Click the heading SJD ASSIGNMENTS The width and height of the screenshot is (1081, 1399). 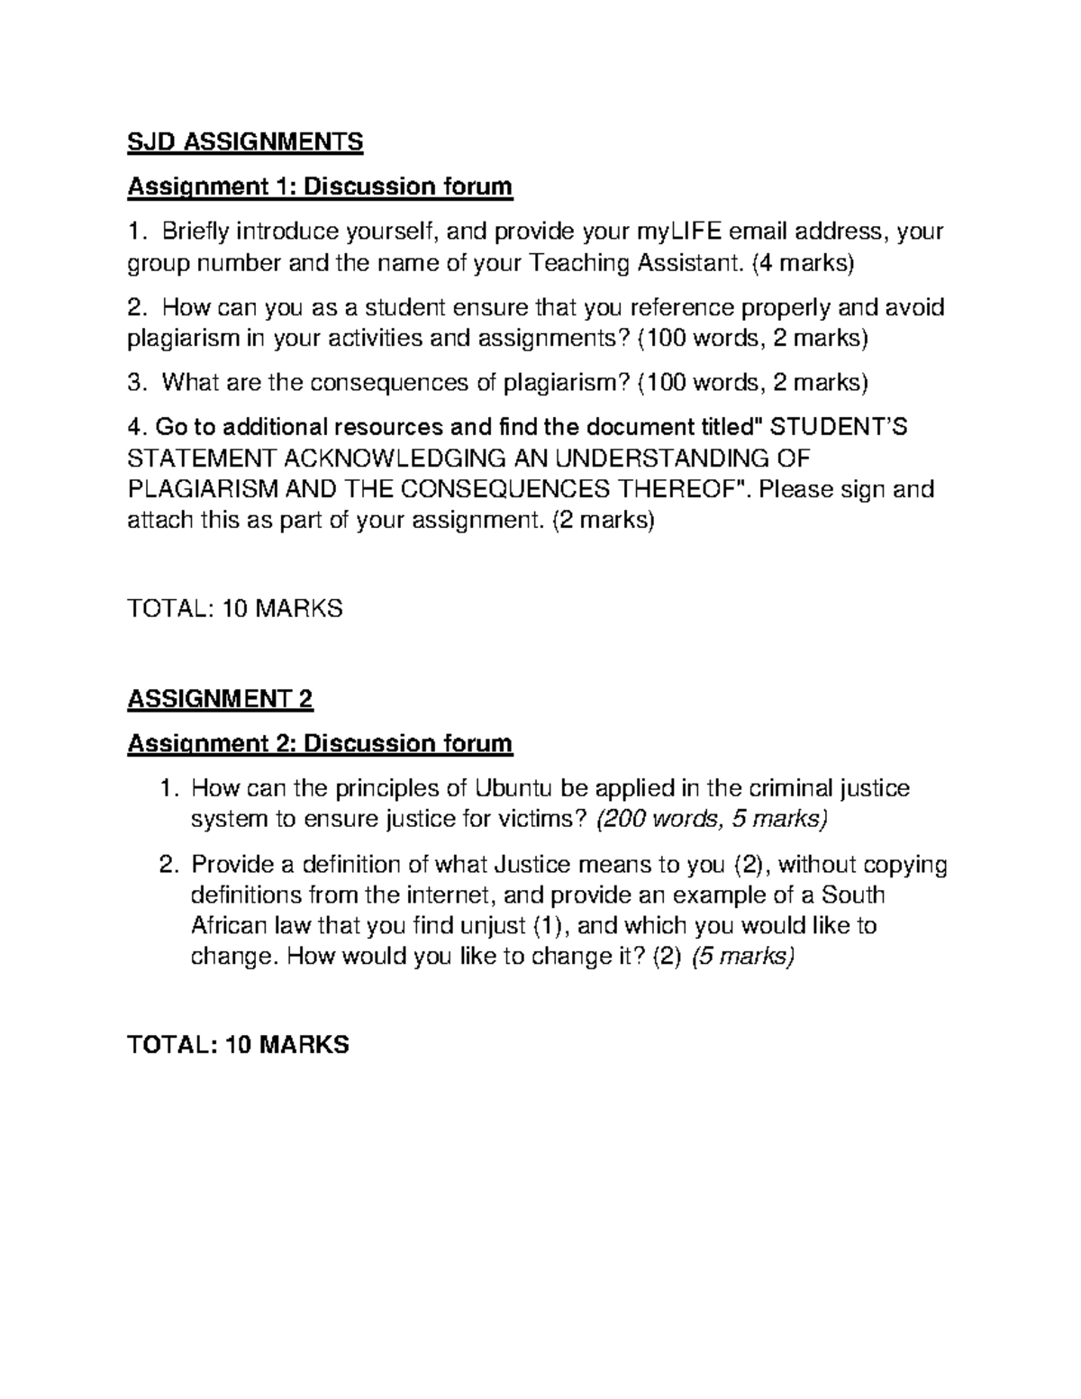(245, 141)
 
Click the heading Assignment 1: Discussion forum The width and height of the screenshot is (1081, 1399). (320, 187)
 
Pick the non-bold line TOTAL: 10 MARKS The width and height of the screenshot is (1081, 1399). (235, 608)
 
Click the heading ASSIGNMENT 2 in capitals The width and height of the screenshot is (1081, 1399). (221, 699)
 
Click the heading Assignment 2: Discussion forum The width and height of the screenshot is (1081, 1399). (320, 744)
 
